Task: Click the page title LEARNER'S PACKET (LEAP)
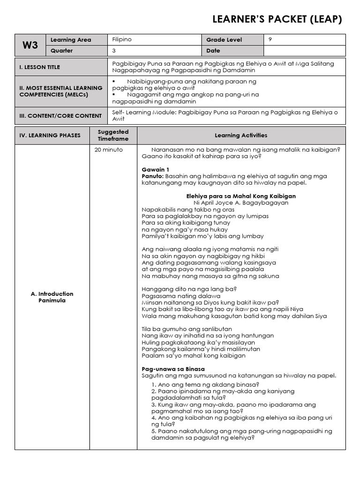pos(277,19)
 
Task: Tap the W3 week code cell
pos(30,45)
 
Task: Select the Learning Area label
pos(71,40)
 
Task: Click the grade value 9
pos(270,40)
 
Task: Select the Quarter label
pos(62,51)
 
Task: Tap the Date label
pos(213,51)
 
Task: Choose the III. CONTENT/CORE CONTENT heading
pos(60,116)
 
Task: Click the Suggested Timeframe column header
pos(113,135)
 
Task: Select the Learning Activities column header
pos(241,135)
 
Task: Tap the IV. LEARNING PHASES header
pos(50,135)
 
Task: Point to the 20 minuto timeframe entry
pos(109,150)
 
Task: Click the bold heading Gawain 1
pos(156,170)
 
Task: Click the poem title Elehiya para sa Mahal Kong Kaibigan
pos(241,196)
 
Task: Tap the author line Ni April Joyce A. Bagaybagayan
pos(241,203)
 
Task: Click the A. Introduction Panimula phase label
pos(52,297)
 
